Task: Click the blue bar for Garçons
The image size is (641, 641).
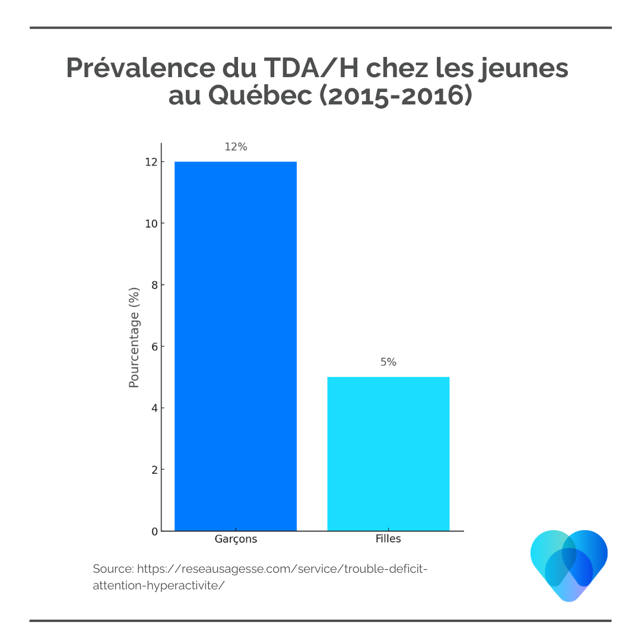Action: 236,346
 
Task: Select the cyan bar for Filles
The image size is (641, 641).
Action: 388,453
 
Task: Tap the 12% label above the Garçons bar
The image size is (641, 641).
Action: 236,147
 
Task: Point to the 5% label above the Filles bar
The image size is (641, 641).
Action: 388,362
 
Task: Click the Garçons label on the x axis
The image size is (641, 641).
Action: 236,539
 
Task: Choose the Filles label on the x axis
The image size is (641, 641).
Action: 388,539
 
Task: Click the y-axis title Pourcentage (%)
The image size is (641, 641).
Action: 134,337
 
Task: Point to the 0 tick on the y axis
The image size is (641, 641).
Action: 154,531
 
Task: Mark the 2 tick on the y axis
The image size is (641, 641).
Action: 154,469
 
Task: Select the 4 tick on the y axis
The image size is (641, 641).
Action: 154,408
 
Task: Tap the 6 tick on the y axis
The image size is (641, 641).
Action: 154,347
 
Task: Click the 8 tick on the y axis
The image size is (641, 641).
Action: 154,285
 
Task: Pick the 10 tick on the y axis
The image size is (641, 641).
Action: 151,224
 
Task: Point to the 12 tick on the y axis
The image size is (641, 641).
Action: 151,162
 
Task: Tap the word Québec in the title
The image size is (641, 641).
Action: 260,96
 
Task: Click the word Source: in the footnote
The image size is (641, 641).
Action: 113,569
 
